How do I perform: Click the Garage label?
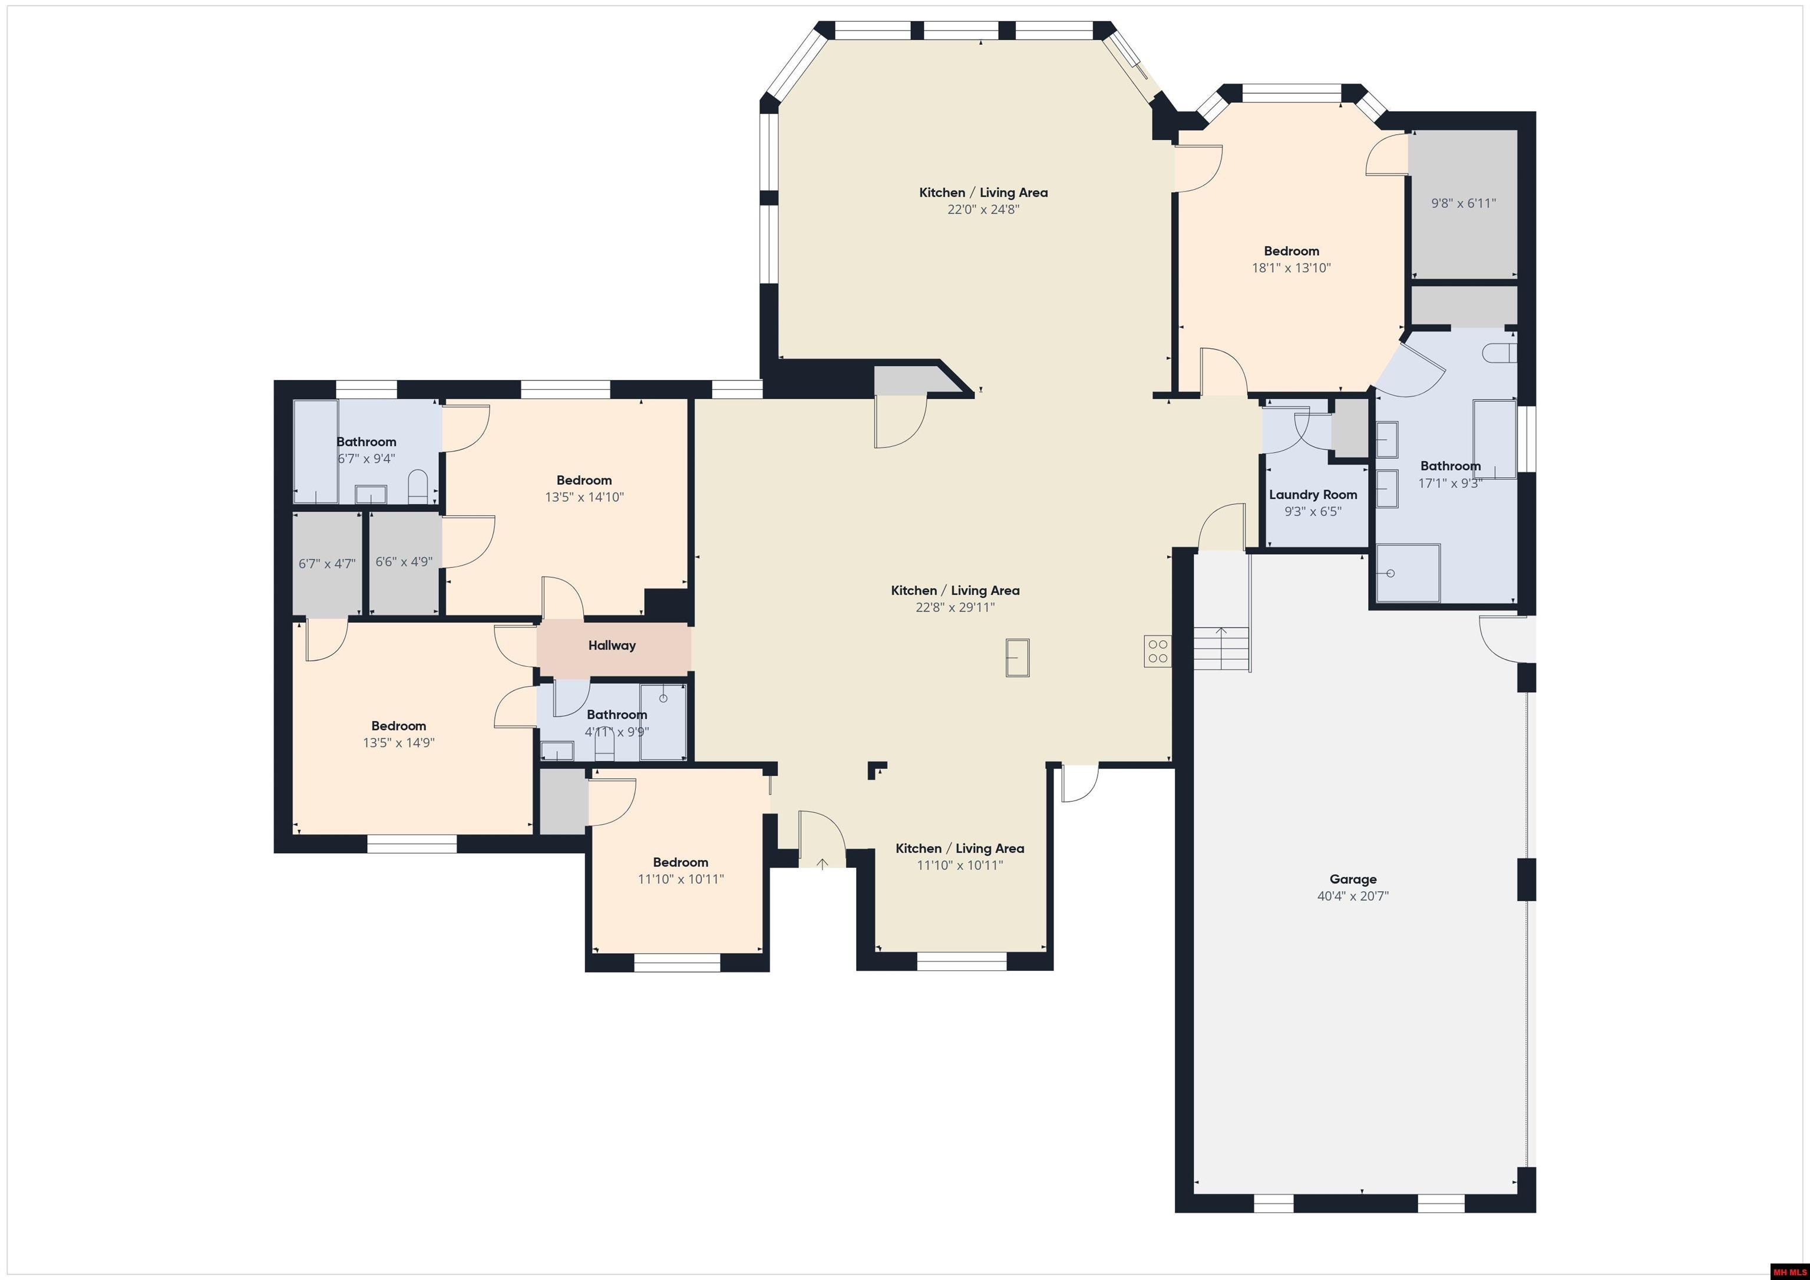(x=1353, y=879)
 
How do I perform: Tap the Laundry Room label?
(x=1313, y=494)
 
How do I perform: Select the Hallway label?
(x=611, y=645)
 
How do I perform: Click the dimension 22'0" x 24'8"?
(x=983, y=210)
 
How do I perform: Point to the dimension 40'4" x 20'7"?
(x=1353, y=896)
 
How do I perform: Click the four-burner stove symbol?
(x=1157, y=651)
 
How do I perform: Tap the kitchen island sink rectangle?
(x=1018, y=657)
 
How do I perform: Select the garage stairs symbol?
(x=1221, y=648)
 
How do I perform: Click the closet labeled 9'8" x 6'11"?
(x=1463, y=203)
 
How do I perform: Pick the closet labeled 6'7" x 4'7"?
(x=326, y=564)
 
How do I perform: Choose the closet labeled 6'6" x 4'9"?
(x=404, y=562)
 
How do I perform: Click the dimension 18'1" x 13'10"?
(x=1292, y=268)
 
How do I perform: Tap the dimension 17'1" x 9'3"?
(x=1450, y=483)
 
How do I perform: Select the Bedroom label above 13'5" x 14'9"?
(x=398, y=725)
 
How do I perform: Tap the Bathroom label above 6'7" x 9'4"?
(x=366, y=441)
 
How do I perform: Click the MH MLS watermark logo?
(x=1789, y=1271)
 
